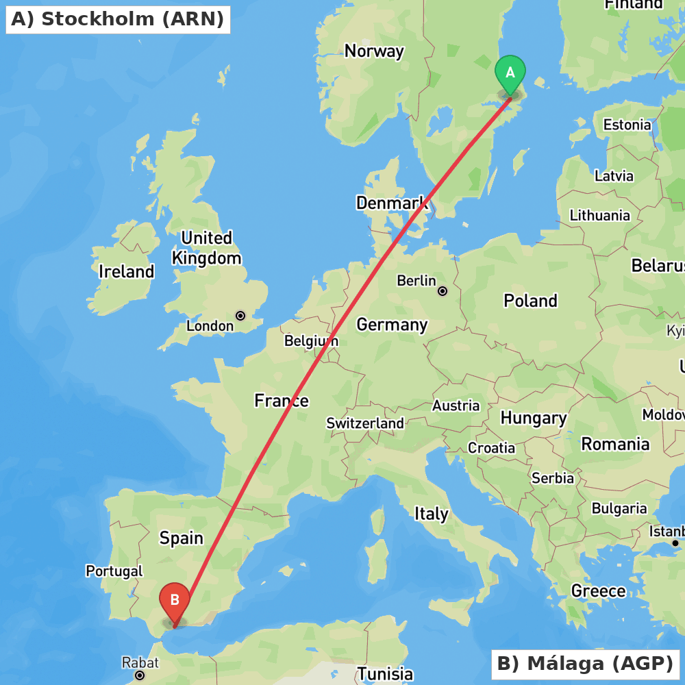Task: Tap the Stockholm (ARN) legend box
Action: click(x=118, y=19)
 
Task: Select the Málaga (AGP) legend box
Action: click(x=585, y=664)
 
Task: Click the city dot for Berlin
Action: click(x=443, y=291)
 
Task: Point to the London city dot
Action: click(x=240, y=316)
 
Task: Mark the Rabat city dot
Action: click(x=140, y=675)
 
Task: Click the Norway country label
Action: click(x=374, y=51)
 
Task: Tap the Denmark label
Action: click(x=392, y=203)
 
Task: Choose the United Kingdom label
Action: click(x=206, y=248)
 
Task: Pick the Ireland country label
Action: click(x=126, y=271)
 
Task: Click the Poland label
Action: click(x=530, y=301)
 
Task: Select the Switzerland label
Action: click(x=364, y=423)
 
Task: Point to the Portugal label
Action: click(x=114, y=571)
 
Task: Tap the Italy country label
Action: click(x=431, y=514)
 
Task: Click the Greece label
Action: click(x=598, y=590)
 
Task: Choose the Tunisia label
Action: click(x=385, y=674)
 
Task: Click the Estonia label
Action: click(x=627, y=125)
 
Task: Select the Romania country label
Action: click(x=615, y=444)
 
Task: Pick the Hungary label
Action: click(x=534, y=418)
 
